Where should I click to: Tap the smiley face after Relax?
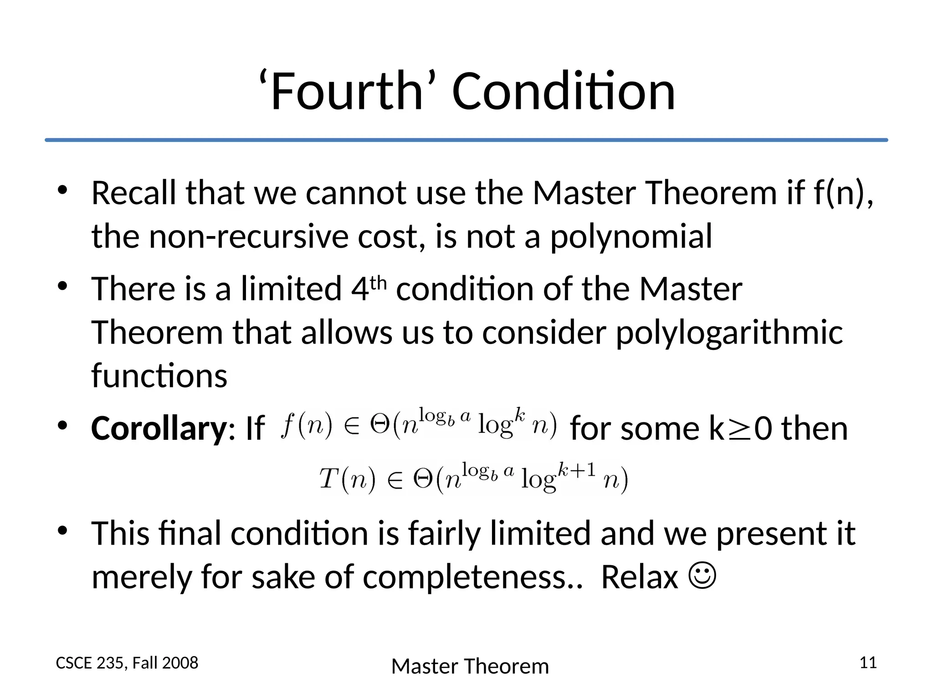[x=703, y=577]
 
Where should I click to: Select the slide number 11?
[x=868, y=662]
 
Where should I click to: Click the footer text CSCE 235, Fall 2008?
[x=127, y=663]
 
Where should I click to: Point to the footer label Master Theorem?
[x=470, y=666]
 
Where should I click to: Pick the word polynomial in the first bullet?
[x=631, y=237]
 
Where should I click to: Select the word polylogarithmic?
[x=729, y=333]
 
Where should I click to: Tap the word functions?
[x=159, y=376]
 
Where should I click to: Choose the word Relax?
[x=640, y=577]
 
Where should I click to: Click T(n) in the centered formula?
[x=347, y=480]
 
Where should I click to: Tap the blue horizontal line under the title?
[x=466, y=140]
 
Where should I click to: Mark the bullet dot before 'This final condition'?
[x=62, y=530]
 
